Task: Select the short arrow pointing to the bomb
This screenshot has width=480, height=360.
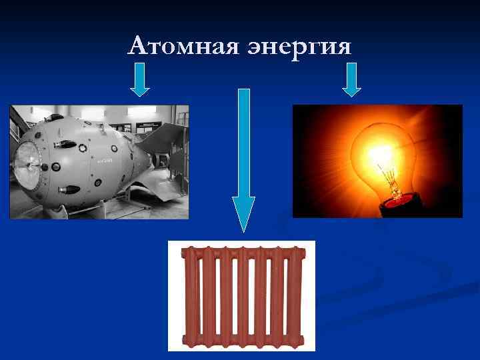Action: pos(139,79)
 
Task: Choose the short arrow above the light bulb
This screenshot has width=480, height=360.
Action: pos(351,79)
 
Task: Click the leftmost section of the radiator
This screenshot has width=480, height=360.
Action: pos(190,296)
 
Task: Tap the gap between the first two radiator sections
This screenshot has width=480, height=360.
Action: pos(199,296)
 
